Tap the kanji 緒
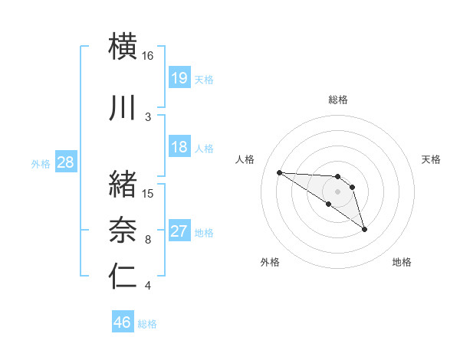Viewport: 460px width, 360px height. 123,185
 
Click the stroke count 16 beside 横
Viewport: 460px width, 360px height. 148,56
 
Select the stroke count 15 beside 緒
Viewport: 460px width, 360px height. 148,194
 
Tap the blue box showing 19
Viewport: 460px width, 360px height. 179,78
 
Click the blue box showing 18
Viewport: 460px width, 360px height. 179,147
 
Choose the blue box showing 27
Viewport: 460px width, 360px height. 179,231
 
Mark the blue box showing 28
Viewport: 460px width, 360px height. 65,162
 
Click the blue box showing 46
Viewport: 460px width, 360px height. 123,322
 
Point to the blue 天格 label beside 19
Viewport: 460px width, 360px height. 204,79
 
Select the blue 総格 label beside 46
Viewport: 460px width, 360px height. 147,324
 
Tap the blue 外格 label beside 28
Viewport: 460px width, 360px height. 41,163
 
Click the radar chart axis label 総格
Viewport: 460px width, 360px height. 338,100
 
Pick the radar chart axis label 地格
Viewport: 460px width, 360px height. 402,262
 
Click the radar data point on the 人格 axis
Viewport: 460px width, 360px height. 279,172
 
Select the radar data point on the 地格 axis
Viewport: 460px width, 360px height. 364,229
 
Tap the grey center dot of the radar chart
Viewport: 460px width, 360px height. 337,191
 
